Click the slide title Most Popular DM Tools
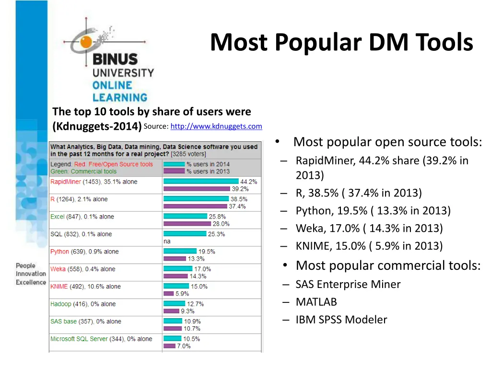(341, 42)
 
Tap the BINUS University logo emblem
(86, 40)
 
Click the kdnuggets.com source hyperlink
(216, 126)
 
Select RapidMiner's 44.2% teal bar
(201, 181)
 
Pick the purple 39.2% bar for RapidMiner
(197, 189)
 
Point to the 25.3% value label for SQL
(216, 234)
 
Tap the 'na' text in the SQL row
(167, 241)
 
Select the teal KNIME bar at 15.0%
(176, 287)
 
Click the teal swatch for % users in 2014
(174, 164)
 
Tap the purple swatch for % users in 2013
(174, 171)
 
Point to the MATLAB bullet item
(316, 302)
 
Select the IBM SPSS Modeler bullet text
(341, 320)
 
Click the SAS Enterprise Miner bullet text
(348, 284)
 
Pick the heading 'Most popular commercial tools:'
(388, 265)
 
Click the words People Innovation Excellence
(31, 274)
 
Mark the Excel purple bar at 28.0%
(187, 224)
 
